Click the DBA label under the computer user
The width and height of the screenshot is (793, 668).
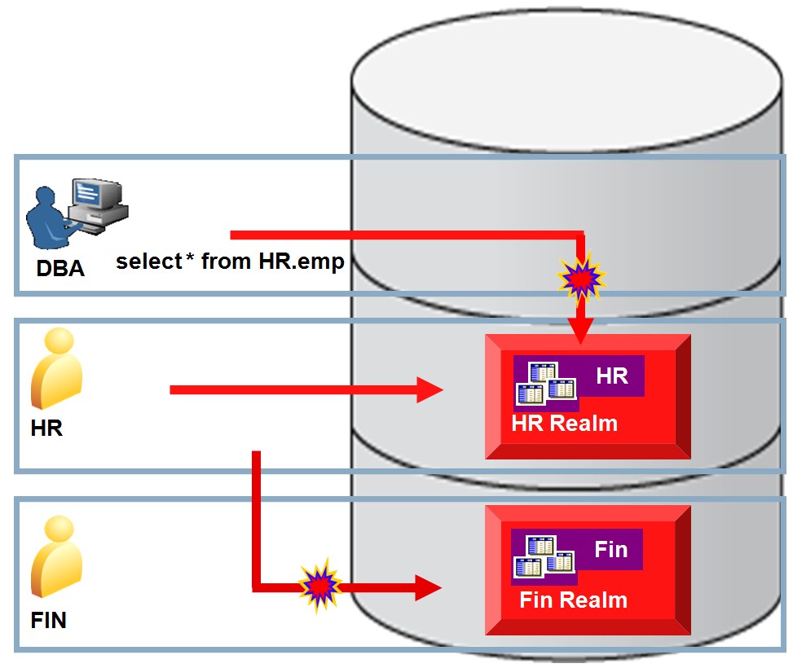point(59,267)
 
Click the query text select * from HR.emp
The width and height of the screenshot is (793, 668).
point(229,262)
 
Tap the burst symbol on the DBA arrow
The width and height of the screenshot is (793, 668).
point(581,278)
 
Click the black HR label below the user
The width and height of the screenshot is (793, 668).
point(46,428)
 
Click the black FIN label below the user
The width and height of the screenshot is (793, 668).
point(48,621)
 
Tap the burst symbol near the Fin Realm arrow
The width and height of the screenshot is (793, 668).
point(319,585)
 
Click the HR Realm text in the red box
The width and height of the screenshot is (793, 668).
point(564,424)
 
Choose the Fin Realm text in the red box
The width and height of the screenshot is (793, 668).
point(573,601)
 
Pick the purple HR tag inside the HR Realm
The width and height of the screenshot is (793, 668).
point(611,376)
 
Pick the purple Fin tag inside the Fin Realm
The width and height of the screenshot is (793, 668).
point(610,550)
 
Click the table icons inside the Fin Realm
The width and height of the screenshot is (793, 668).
point(542,556)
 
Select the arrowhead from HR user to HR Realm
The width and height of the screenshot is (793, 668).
point(429,390)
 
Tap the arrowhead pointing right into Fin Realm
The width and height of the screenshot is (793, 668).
point(427,586)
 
